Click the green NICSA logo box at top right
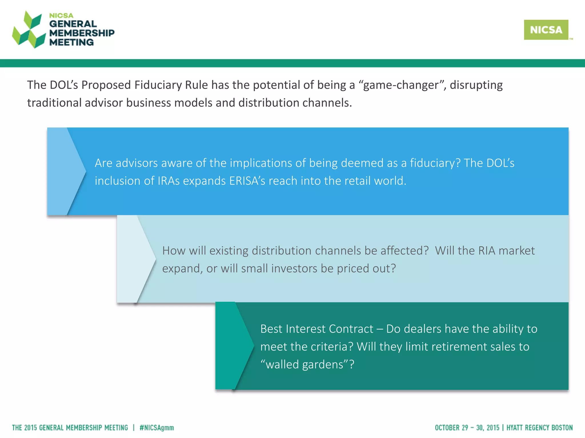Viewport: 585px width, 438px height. pos(546,30)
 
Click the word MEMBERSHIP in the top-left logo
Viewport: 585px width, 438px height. pos(82,33)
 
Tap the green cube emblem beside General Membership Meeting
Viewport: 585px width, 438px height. pos(29,30)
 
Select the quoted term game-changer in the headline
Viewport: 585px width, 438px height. pos(400,85)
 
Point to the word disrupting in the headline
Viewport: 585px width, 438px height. pos(476,85)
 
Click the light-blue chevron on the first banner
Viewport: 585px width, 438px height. pos(66,171)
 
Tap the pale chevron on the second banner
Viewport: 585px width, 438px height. pos(136,259)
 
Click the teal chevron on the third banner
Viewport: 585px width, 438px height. pos(234,346)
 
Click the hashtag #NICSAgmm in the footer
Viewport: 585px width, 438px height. pos(157,428)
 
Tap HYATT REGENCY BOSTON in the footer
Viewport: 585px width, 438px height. pos(540,428)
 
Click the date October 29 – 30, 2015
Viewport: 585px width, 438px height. pos(467,428)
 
